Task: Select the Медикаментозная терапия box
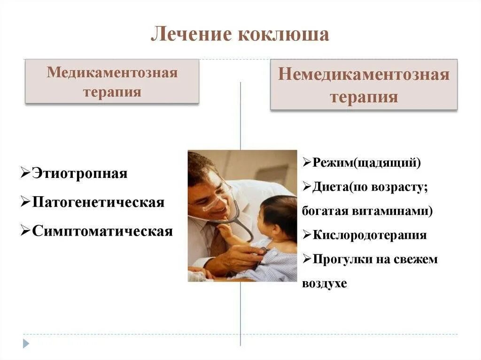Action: [x=112, y=81]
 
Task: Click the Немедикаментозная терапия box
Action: [x=364, y=85]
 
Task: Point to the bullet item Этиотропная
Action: [x=79, y=173]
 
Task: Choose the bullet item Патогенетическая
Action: [x=98, y=202]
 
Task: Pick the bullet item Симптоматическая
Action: [x=102, y=231]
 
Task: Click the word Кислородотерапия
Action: [x=370, y=235]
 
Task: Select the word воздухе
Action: [x=325, y=283]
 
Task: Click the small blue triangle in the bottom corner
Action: [x=26, y=344]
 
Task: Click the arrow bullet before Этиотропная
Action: [x=26, y=173]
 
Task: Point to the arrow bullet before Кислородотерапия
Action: [x=307, y=235]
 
